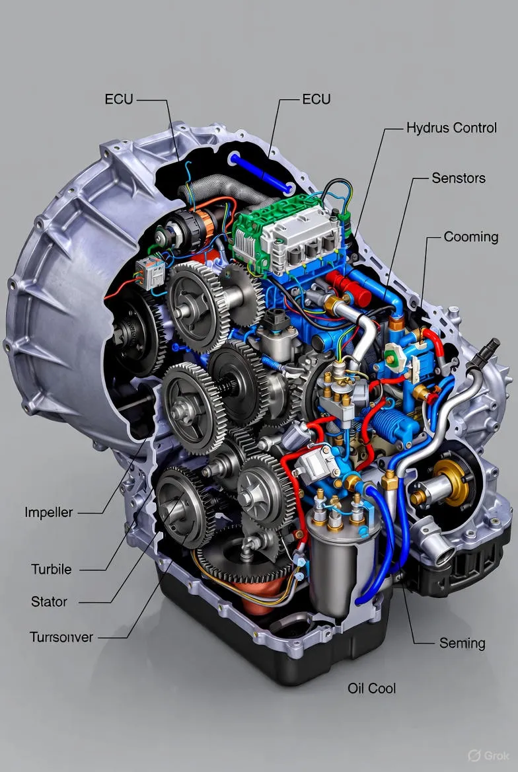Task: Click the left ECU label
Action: tap(119, 99)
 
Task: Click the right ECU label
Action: tap(316, 99)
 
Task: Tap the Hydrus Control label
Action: tap(451, 128)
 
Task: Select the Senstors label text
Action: tap(459, 178)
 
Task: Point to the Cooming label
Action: tap(471, 237)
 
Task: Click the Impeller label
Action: tap(49, 512)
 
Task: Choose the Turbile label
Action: tap(52, 570)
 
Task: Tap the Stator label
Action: tap(49, 601)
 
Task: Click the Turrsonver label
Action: tap(61, 637)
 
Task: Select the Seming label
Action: tap(462, 644)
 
